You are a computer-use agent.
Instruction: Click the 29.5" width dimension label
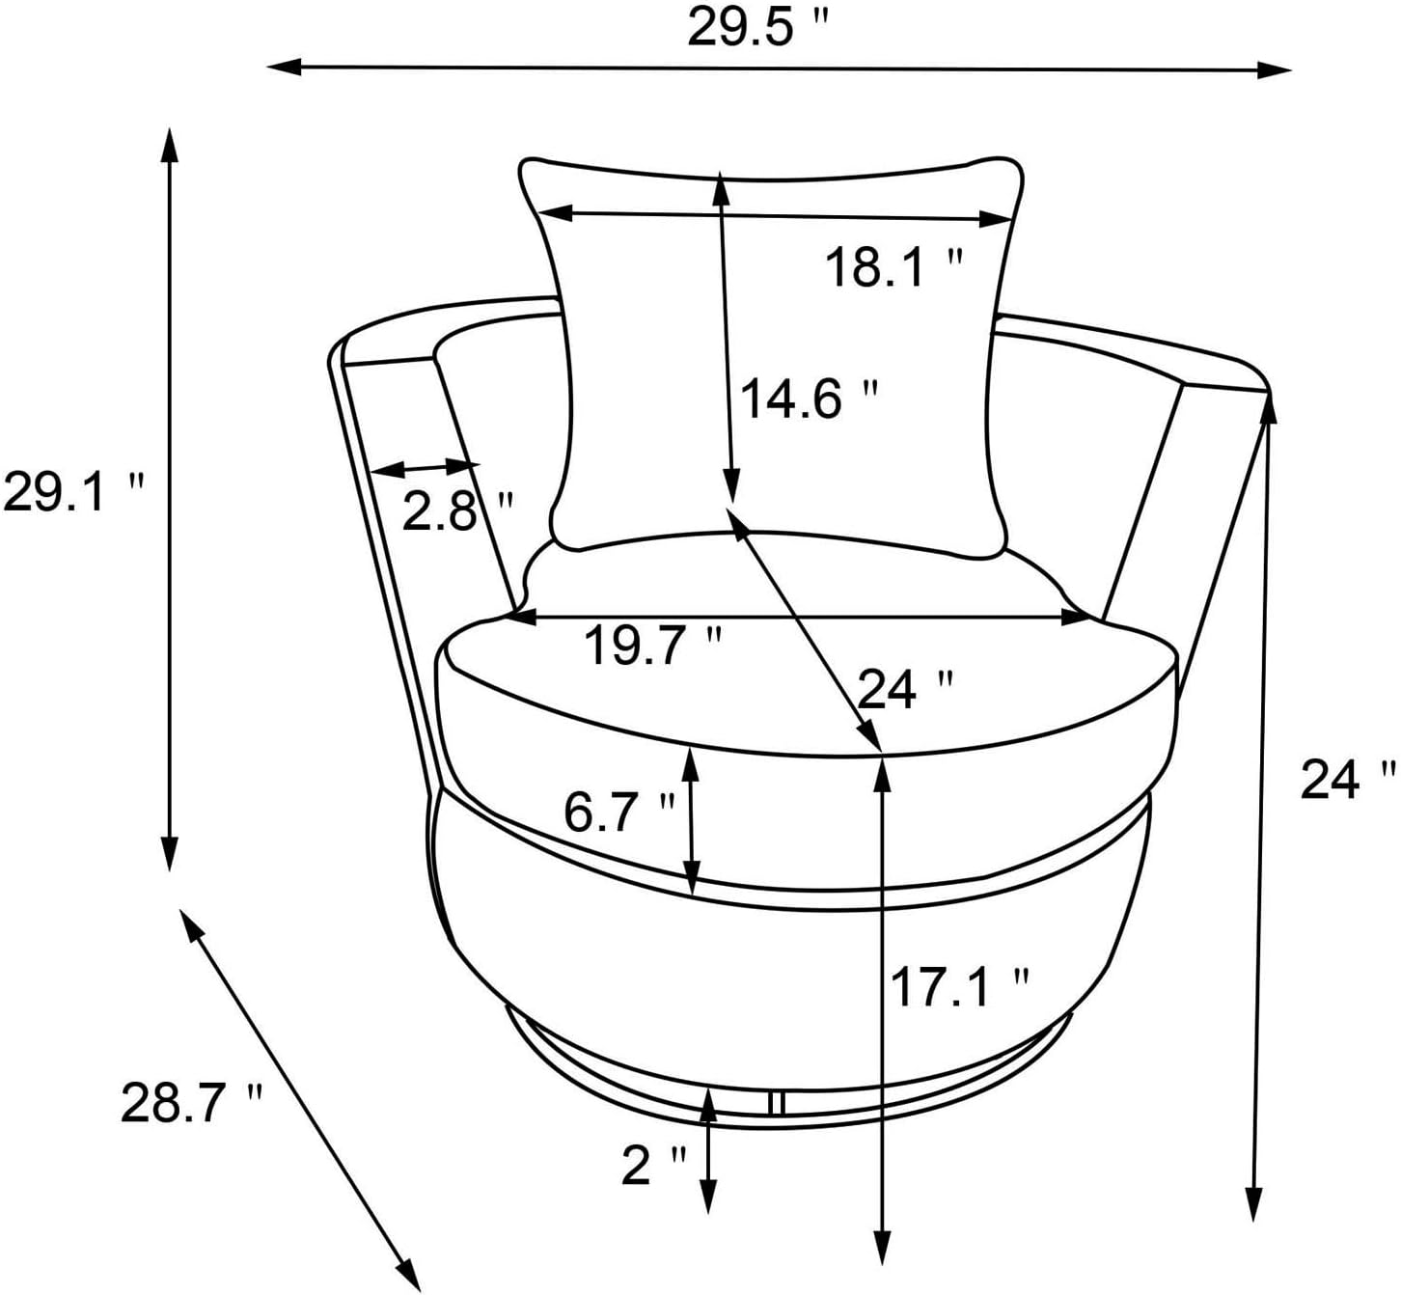pos(756,28)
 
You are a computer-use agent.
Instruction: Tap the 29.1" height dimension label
pos(73,491)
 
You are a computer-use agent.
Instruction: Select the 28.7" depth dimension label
pos(191,1102)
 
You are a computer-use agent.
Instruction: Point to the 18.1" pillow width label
pos(893,267)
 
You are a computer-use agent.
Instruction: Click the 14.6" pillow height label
pos(810,399)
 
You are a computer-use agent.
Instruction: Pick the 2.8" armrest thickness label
pos(457,510)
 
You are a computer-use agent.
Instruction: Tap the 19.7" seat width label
pos(653,646)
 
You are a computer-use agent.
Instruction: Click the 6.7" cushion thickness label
pos(619,813)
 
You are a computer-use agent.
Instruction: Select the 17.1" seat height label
pos(959,987)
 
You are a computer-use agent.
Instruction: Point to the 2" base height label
pos(653,1165)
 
